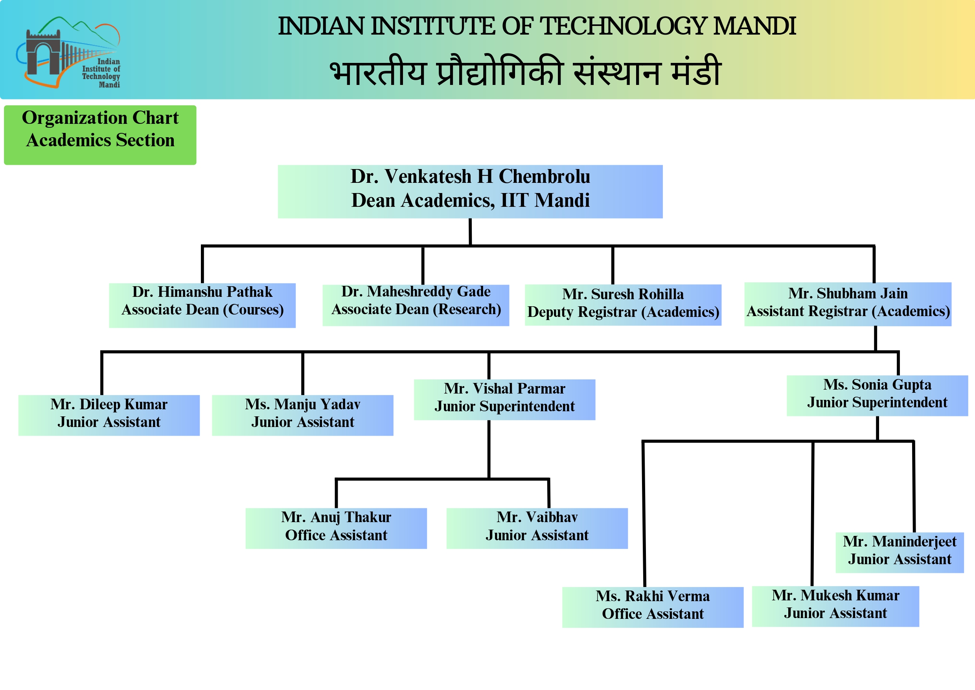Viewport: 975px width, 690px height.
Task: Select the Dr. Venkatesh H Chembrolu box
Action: [470, 191]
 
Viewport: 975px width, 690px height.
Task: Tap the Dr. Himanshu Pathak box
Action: [202, 305]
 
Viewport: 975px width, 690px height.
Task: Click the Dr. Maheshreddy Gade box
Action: [416, 305]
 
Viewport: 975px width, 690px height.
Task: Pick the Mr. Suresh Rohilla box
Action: [623, 305]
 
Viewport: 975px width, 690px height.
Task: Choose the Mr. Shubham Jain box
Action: [848, 304]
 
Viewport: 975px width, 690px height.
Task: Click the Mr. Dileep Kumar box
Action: [109, 415]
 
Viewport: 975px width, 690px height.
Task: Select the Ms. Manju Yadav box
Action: [302, 415]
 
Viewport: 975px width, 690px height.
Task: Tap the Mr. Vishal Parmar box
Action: [504, 399]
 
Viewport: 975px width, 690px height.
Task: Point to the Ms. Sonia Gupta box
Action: [877, 396]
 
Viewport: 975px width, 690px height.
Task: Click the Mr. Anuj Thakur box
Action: [336, 528]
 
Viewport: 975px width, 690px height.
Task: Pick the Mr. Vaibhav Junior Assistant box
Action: [537, 528]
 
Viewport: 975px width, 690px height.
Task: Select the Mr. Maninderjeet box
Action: [900, 552]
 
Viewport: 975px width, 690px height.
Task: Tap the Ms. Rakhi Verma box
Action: [653, 607]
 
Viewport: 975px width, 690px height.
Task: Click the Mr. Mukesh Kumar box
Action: [835, 606]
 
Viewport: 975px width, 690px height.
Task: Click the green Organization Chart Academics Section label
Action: [100, 135]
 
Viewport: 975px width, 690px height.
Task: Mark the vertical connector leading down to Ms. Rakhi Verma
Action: [644, 514]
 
